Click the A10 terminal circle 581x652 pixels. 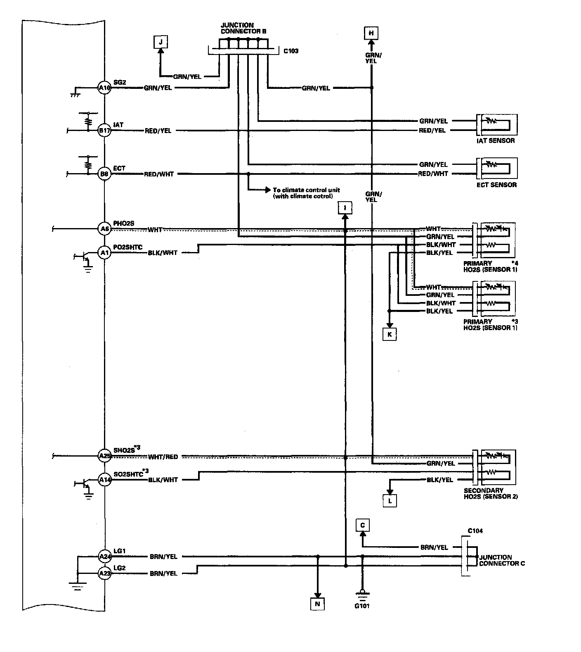pos(104,88)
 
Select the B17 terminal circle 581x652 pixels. pos(104,131)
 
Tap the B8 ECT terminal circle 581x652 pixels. pos(104,174)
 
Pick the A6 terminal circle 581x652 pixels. pos(104,228)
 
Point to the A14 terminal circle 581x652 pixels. pos(104,480)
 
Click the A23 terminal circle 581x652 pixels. pos(104,573)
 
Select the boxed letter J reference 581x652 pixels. pos(161,42)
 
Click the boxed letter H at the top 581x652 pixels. pos(371,33)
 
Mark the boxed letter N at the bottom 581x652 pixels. pos(317,604)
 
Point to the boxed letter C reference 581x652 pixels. pos(363,526)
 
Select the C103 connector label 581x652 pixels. pos(291,51)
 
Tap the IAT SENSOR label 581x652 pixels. pos(496,140)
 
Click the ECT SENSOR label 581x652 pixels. pos(496,185)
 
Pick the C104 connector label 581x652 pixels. pos(475,531)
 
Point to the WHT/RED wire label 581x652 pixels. pos(163,457)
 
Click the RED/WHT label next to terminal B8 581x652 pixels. pos(159,174)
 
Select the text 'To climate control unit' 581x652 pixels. pos(306,190)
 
